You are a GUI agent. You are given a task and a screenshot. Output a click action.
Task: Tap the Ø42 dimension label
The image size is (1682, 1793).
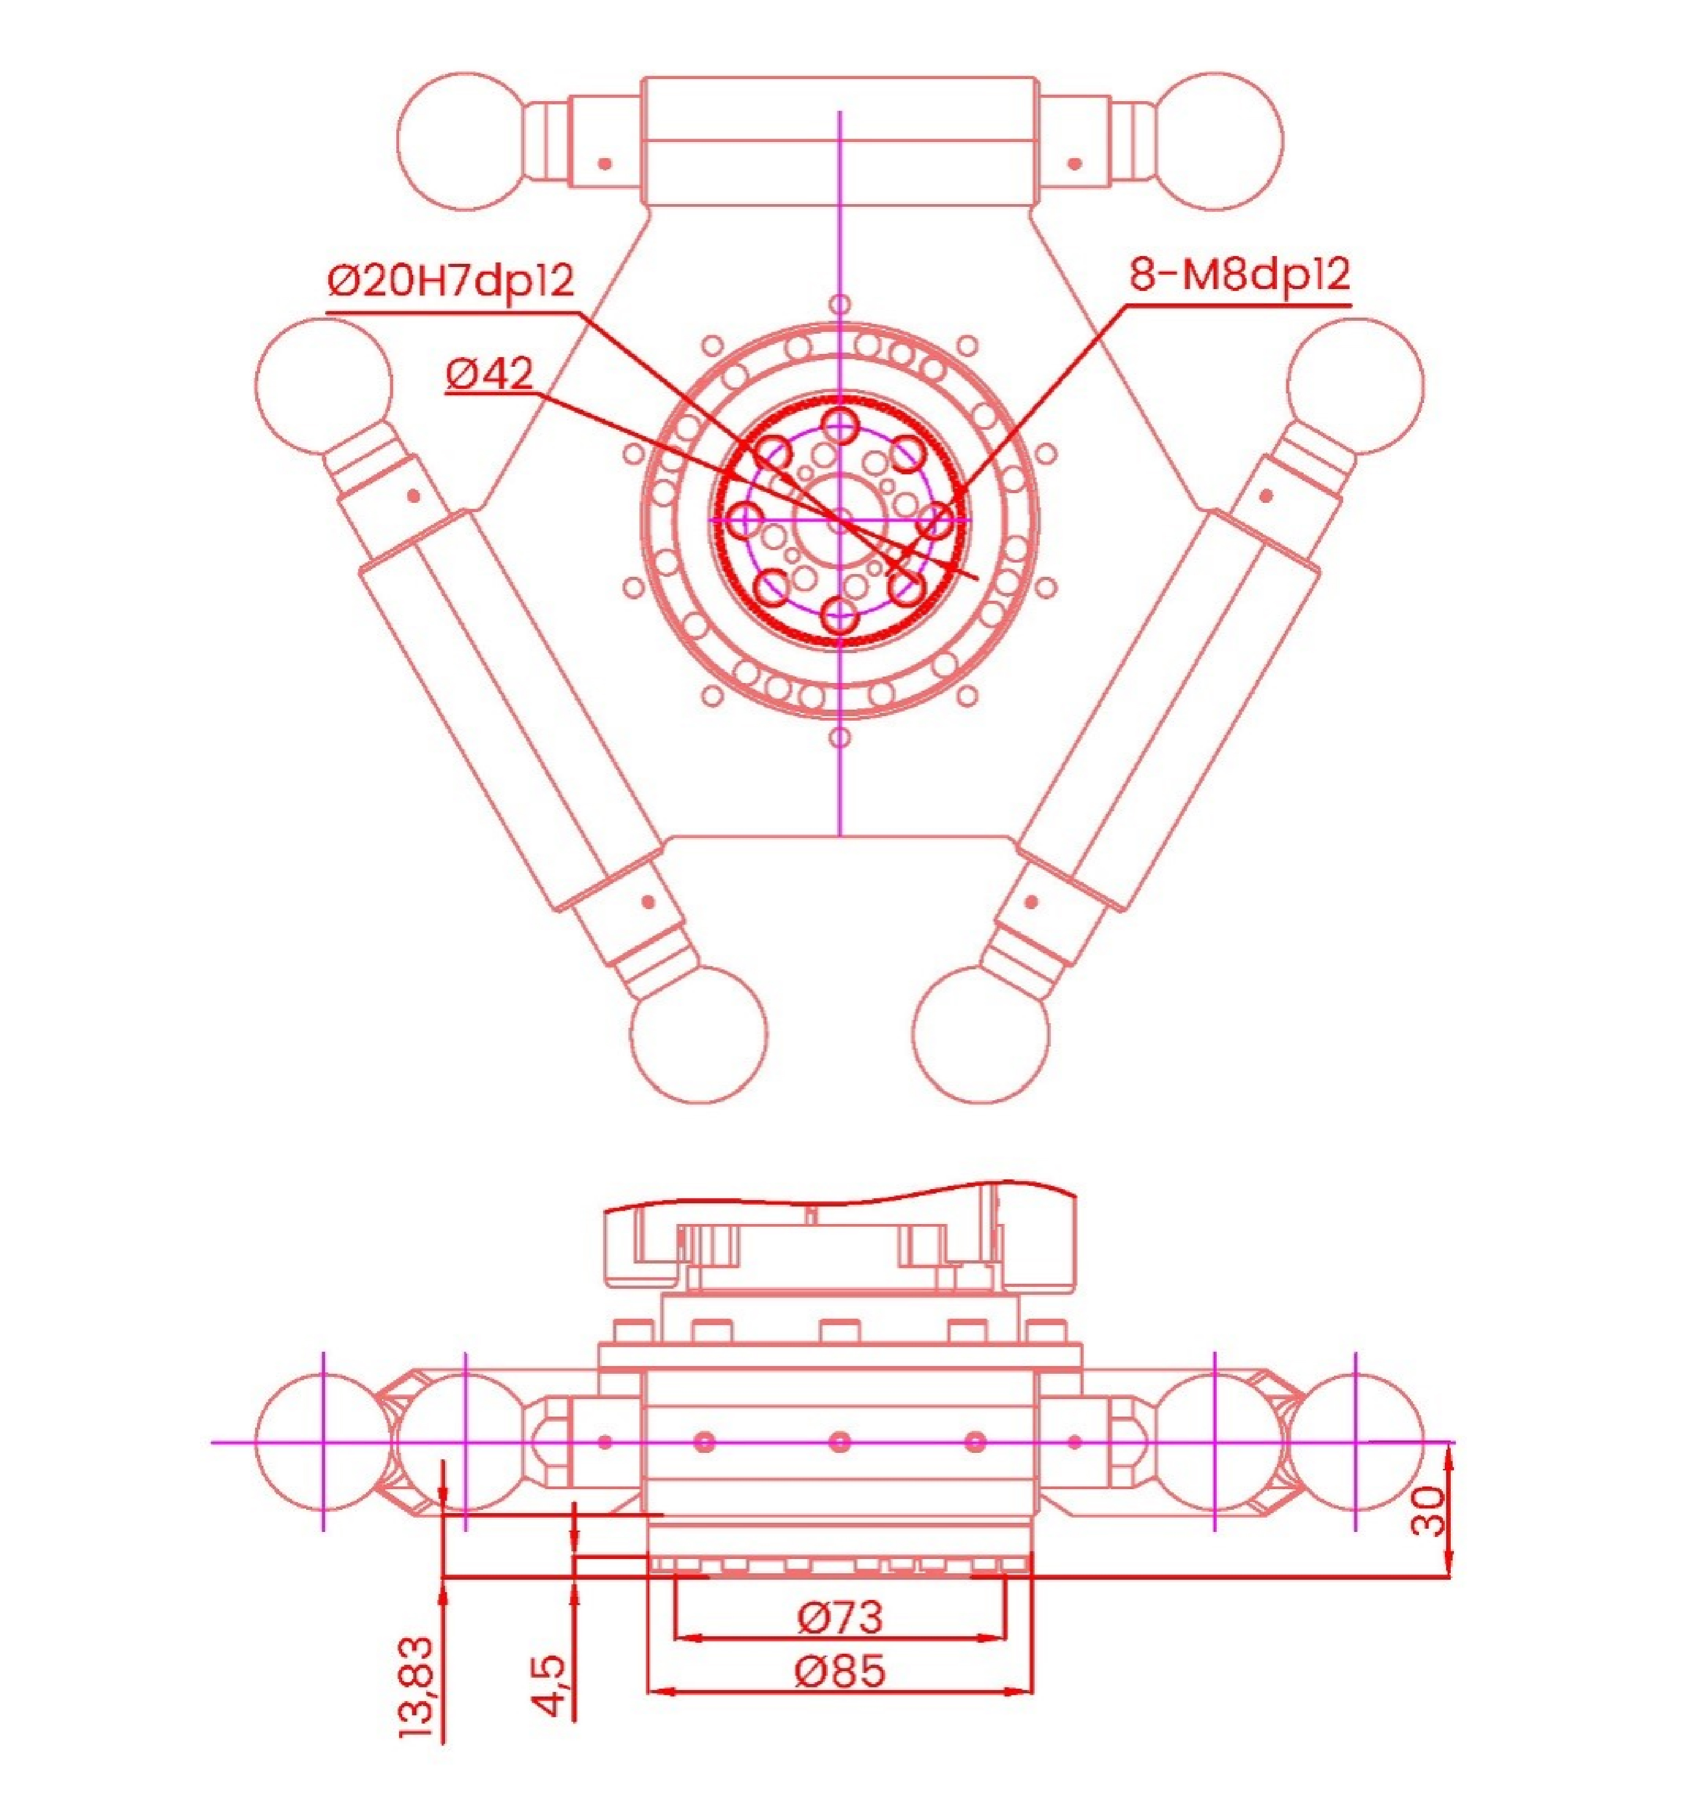(490, 373)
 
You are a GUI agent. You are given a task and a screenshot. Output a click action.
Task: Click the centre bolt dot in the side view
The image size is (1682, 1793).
(840, 1441)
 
